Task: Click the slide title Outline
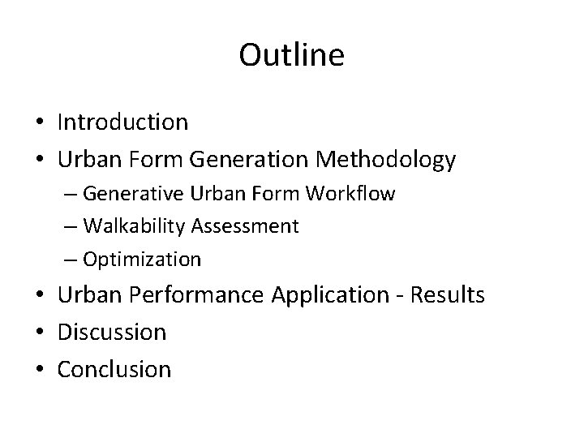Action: click(x=292, y=55)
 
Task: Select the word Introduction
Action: click(x=122, y=122)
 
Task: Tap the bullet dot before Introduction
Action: click(x=39, y=124)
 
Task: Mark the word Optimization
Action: click(x=142, y=260)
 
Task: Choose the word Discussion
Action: click(x=112, y=332)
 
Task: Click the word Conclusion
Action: click(x=114, y=369)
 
